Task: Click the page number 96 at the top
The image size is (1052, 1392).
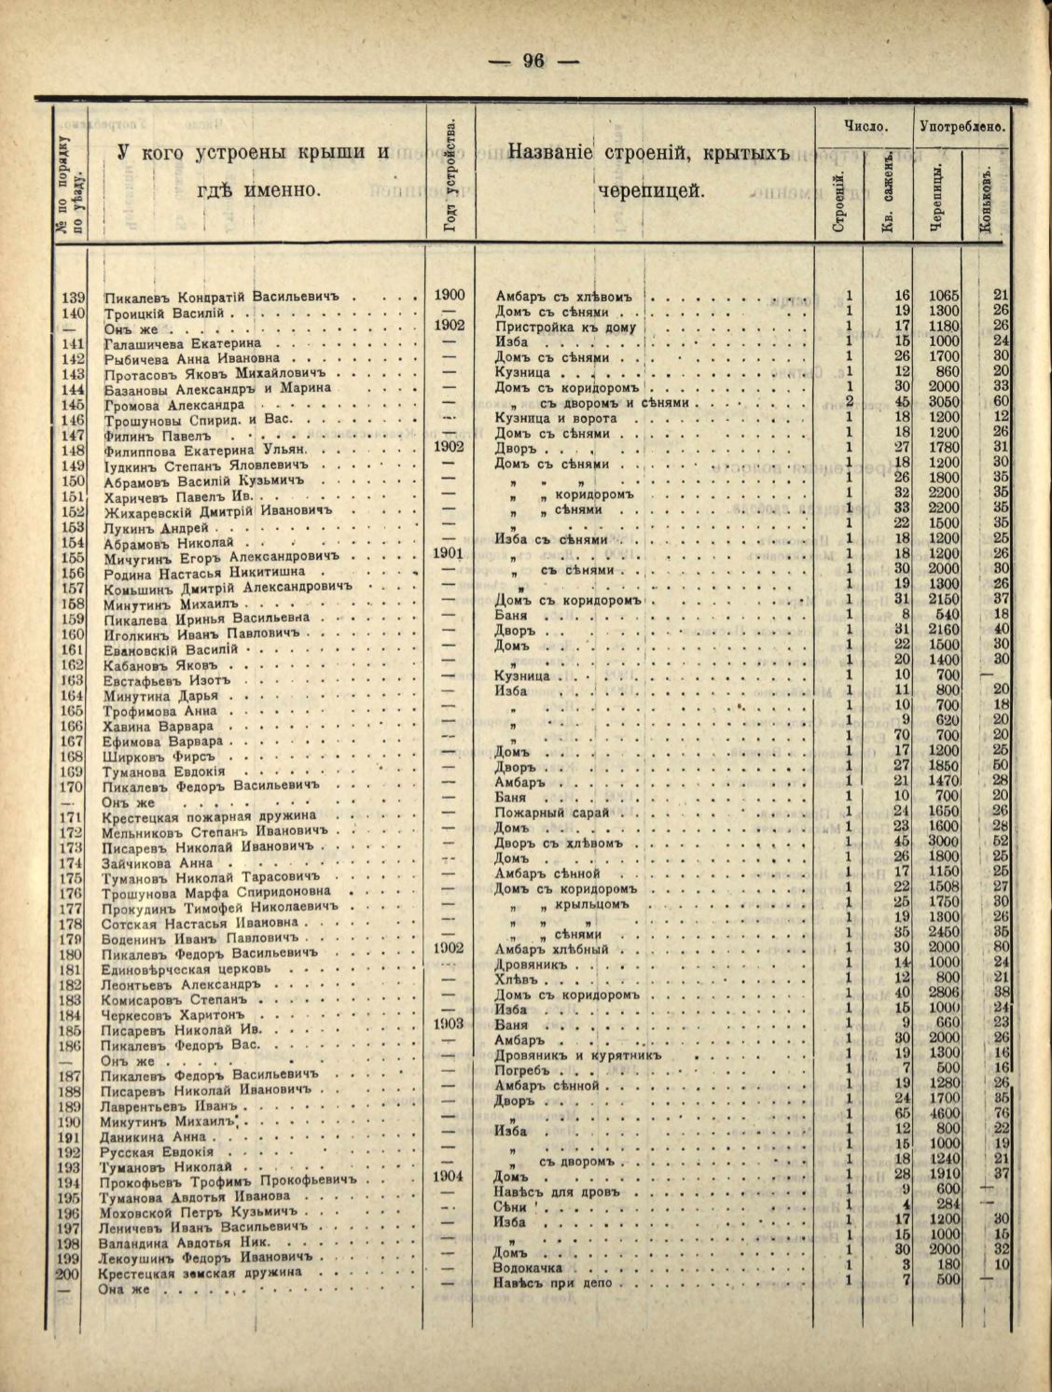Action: point(533,62)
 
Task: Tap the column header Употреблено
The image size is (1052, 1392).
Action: point(962,125)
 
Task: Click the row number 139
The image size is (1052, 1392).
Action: point(74,298)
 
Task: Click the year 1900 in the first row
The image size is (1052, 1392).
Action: point(450,296)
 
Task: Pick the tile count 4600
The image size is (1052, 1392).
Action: point(944,1113)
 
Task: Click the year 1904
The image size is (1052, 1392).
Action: point(449,1176)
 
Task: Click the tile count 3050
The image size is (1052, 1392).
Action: point(944,401)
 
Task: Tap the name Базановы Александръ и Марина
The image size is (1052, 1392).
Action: point(217,388)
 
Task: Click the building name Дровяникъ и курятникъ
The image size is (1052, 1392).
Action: point(577,1055)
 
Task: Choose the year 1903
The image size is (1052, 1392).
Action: point(449,1023)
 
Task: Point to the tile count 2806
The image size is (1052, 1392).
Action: point(944,992)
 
